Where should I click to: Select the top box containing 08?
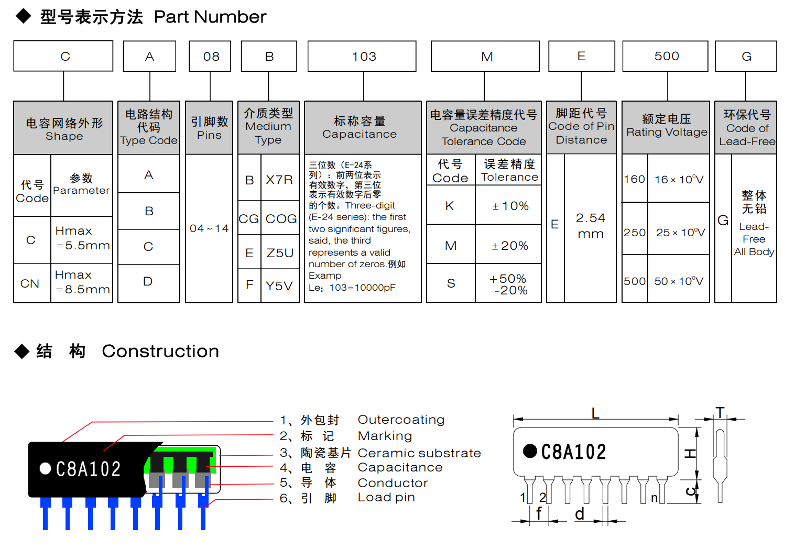coord(210,56)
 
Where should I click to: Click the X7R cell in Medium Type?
coord(279,180)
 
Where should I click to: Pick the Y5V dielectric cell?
coord(279,286)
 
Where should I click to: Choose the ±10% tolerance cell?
coord(510,206)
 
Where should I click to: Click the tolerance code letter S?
coord(451,283)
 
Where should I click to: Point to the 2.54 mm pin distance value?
coord(590,225)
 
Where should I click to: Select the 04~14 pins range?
coord(209,228)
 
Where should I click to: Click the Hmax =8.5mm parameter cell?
coord(82,282)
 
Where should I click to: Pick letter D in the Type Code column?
coord(148,282)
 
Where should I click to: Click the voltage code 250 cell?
coord(635,232)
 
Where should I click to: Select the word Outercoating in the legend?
coord(401,420)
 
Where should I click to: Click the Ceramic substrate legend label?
coord(419,453)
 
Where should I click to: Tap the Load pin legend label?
coord(386,497)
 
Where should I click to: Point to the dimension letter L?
coord(595,413)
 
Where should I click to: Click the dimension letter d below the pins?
coord(579,514)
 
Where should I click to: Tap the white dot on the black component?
coord(46,468)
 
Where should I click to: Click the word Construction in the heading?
coord(160,351)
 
